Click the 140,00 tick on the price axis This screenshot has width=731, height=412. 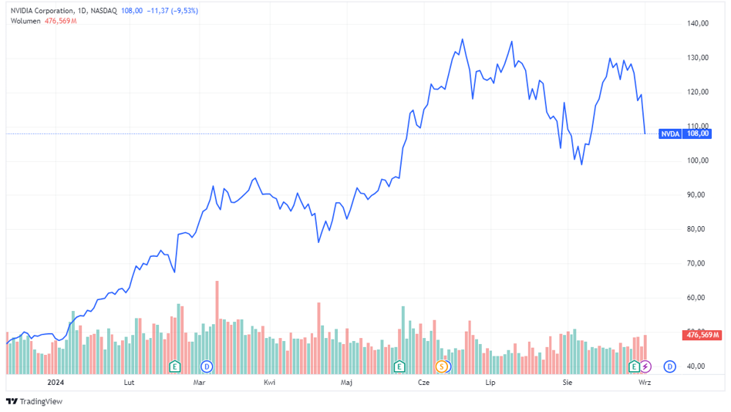tap(699, 24)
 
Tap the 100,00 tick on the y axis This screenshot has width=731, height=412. tap(699, 160)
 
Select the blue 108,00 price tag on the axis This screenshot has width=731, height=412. tap(697, 133)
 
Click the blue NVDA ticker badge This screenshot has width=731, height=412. tap(670, 133)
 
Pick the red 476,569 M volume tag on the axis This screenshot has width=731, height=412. tap(702, 335)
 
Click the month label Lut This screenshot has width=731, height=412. tap(129, 382)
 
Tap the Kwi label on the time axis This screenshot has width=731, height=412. tap(270, 382)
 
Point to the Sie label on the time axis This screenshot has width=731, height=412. tap(568, 382)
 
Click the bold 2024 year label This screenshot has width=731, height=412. tap(55, 382)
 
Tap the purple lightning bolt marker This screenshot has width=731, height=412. tap(645, 366)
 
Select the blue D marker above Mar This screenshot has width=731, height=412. tap(207, 366)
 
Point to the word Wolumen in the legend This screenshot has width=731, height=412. tap(26, 21)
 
